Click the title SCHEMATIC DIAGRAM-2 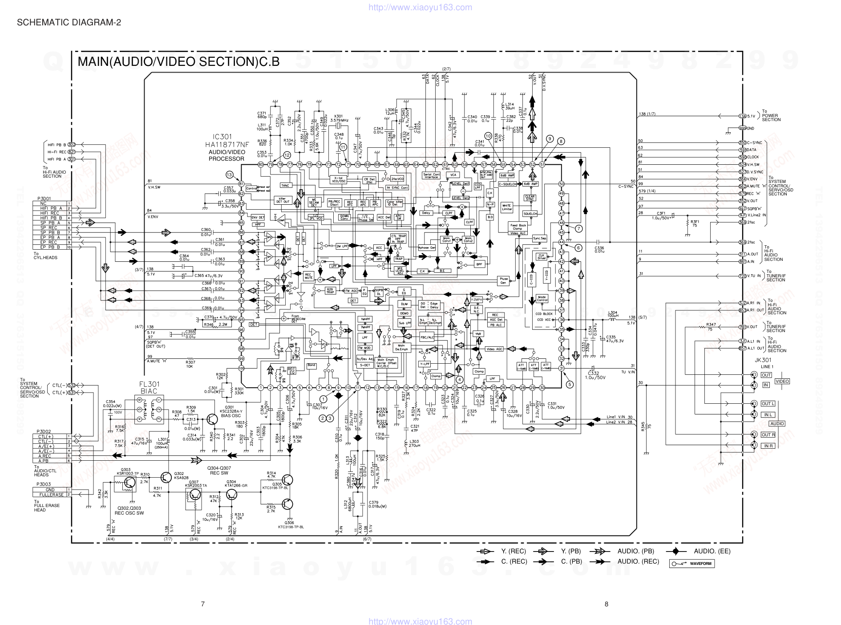tap(69, 22)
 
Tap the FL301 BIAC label tap(149, 387)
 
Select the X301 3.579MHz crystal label tap(339, 118)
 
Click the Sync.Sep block tap(540, 239)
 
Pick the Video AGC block tap(494, 349)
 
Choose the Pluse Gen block tap(504, 281)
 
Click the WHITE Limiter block tap(507, 207)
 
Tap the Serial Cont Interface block tap(431, 176)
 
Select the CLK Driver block tap(542, 256)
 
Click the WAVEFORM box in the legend tap(691, 564)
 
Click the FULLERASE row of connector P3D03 tap(51, 495)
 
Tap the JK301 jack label tap(763, 360)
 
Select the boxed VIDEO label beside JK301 tap(782, 381)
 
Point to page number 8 tap(606, 604)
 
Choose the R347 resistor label tap(711, 325)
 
